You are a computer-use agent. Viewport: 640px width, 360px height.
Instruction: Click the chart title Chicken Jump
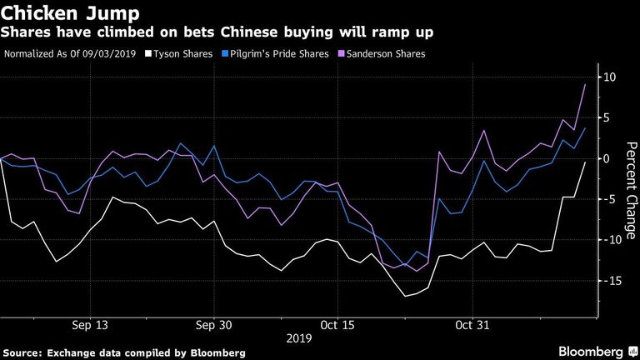tap(70, 13)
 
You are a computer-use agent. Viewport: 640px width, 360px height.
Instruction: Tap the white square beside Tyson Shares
tap(148, 53)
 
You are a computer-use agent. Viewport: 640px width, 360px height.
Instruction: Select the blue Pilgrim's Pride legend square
tap(225, 53)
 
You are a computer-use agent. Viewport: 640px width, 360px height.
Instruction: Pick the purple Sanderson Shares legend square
tap(342, 53)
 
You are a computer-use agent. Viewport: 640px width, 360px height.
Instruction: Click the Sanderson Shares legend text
tap(386, 54)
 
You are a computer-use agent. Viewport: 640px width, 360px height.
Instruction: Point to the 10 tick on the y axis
tap(609, 77)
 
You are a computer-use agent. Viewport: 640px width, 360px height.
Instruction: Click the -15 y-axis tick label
tap(611, 281)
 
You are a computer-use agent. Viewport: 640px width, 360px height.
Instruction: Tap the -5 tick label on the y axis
tap(607, 199)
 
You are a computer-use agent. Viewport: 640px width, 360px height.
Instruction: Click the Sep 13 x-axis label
tap(90, 325)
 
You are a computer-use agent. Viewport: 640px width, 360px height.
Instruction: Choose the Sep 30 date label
tap(213, 325)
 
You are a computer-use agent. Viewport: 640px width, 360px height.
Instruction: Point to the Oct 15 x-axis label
tap(337, 325)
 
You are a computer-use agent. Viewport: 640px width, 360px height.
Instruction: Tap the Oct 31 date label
tap(472, 325)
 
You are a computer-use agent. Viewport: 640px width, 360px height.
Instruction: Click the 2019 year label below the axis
tap(299, 338)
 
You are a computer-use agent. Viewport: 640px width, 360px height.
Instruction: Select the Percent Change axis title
tap(631, 190)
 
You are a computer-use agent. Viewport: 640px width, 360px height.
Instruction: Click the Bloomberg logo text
tap(591, 352)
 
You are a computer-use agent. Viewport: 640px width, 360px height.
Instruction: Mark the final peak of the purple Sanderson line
tap(585, 84)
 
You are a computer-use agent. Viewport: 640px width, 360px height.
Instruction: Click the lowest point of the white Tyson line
tap(405, 297)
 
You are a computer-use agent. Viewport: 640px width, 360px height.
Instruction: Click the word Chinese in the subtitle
tap(249, 32)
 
